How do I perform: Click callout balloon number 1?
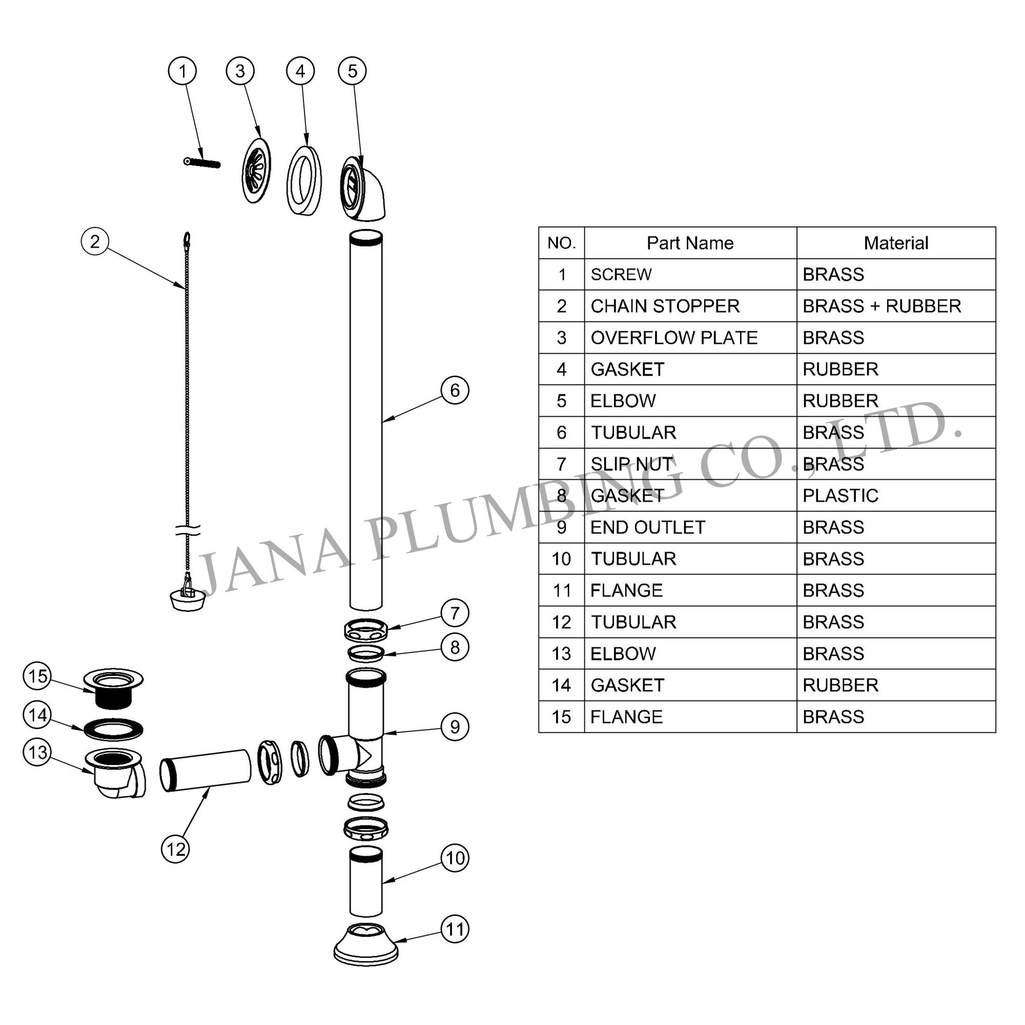(182, 71)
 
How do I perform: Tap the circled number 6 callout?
(455, 391)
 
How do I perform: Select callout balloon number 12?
(175, 849)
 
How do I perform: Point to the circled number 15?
(37, 676)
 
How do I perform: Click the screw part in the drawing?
(202, 162)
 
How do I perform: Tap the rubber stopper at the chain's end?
(187, 599)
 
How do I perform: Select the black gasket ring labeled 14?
(114, 729)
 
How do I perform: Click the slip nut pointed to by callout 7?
(365, 630)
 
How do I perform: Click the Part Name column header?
(690, 243)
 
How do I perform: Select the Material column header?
(895, 243)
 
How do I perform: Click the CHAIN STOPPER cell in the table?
(665, 306)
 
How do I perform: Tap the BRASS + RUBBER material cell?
(881, 306)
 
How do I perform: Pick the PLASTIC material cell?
(840, 496)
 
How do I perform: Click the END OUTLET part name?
(648, 527)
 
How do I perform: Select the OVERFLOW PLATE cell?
(674, 337)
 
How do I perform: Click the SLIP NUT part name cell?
(631, 464)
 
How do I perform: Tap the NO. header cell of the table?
(561, 243)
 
